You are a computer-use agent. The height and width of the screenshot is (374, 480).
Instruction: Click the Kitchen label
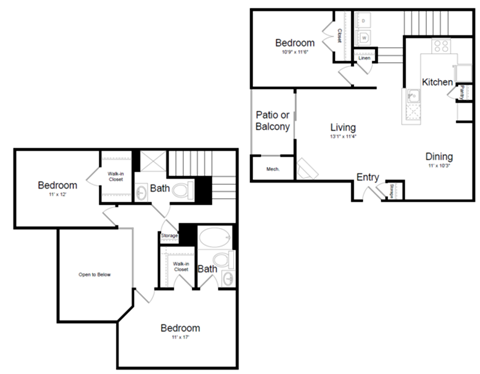[438, 81]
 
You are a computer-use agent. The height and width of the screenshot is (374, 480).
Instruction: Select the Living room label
[344, 127]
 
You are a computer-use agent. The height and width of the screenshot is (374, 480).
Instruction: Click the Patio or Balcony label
[273, 121]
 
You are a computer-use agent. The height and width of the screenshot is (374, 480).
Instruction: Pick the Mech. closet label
[272, 170]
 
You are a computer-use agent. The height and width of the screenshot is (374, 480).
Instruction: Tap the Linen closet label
[365, 58]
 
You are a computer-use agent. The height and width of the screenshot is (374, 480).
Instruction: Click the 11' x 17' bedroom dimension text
[179, 340]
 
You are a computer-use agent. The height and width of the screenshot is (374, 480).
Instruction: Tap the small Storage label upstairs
[170, 236]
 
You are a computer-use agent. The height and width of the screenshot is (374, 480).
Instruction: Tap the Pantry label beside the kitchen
[464, 93]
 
